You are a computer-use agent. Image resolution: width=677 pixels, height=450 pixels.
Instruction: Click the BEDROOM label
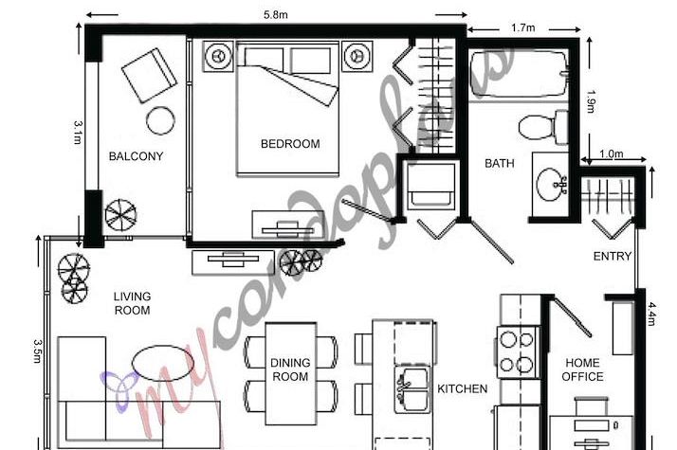(x=290, y=144)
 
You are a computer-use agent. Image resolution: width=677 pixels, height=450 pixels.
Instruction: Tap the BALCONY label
(x=136, y=156)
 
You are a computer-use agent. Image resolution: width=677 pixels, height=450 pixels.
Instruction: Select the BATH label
(x=500, y=163)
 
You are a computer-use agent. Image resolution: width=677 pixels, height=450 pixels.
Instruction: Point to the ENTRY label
(x=612, y=256)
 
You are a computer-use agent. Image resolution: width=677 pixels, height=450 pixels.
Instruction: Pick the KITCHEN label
(x=462, y=388)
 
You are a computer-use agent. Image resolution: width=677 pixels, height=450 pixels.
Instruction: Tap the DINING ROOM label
(x=290, y=369)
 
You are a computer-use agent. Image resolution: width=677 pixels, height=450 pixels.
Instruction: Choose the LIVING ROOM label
(x=133, y=303)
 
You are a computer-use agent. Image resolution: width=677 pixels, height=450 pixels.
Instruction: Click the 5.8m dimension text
(x=278, y=13)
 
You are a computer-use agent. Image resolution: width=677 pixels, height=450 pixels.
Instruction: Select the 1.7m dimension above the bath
(x=521, y=28)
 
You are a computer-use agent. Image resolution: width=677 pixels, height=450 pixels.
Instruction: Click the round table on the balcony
(x=160, y=120)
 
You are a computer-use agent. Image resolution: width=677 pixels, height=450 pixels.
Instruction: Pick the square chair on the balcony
(x=149, y=75)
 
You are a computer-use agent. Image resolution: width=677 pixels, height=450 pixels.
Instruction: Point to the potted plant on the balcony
(x=120, y=214)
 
